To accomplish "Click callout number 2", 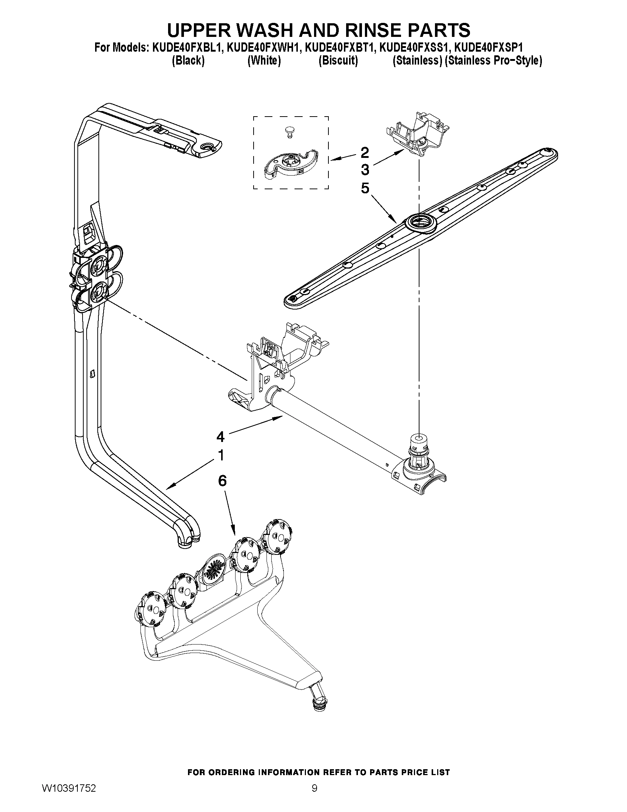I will pos(365,152).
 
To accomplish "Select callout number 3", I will pos(365,170).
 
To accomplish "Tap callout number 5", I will pos(365,188).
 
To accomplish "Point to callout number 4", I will pos(221,436).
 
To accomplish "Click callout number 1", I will pos(221,455).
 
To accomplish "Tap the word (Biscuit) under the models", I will pos(338,61).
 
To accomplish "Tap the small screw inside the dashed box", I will pos(288,131).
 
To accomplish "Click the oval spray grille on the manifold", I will pos(213,572).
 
